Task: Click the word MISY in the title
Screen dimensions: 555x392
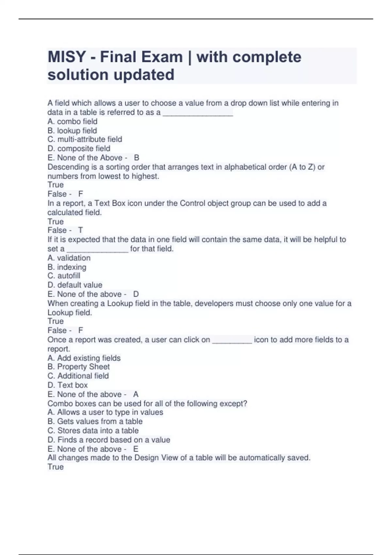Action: (x=67, y=57)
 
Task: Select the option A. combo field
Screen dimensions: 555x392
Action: (x=72, y=121)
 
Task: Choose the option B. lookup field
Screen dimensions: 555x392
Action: (x=72, y=131)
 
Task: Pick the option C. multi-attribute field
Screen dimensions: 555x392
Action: (x=85, y=139)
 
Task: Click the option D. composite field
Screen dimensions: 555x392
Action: (x=79, y=149)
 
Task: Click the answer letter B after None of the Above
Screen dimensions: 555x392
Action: (x=137, y=158)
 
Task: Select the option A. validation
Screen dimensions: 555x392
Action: (x=69, y=258)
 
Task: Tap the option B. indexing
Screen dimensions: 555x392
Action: (x=67, y=267)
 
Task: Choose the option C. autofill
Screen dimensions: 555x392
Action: (x=64, y=276)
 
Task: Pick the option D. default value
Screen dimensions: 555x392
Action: (x=75, y=285)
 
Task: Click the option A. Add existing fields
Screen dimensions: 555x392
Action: (x=84, y=358)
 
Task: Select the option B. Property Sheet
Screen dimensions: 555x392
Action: (x=78, y=367)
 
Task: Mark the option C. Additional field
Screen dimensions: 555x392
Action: (x=78, y=376)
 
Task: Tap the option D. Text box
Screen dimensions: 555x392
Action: (x=68, y=385)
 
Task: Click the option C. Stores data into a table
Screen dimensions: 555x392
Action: (x=93, y=431)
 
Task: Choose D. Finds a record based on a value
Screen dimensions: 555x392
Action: (x=109, y=440)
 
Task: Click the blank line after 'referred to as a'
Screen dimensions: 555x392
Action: (x=198, y=113)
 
